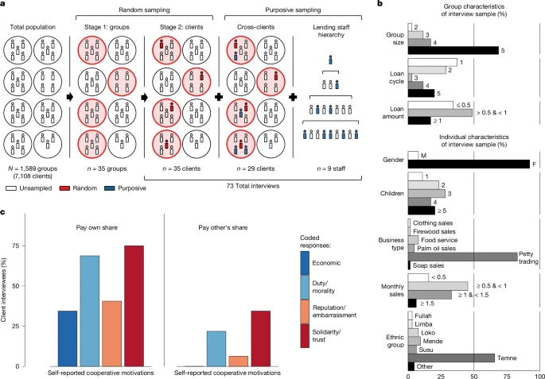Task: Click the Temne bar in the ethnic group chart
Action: tap(451, 358)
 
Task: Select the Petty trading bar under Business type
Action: tap(462, 257)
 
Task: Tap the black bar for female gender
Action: tap(469, 164)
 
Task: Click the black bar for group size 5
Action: tap(454, 51)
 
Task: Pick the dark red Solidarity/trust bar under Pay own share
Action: tap(134, 306)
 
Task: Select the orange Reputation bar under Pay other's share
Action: tap(239, 362)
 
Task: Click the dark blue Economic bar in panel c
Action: tap(68, 338)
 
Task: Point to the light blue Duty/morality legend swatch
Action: tap(305, 287)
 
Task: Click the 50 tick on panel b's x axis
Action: tap(473, 376)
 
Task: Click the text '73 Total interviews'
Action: tap(253, 186)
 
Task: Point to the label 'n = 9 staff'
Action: tap(330, 169)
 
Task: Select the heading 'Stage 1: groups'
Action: tap(107, 27)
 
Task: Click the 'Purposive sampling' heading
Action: tap(294, 10)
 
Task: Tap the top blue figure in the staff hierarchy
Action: tap(330, 60)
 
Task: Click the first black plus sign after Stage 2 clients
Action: tap(219, 97)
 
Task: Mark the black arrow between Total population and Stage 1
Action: tap(70, 97)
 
